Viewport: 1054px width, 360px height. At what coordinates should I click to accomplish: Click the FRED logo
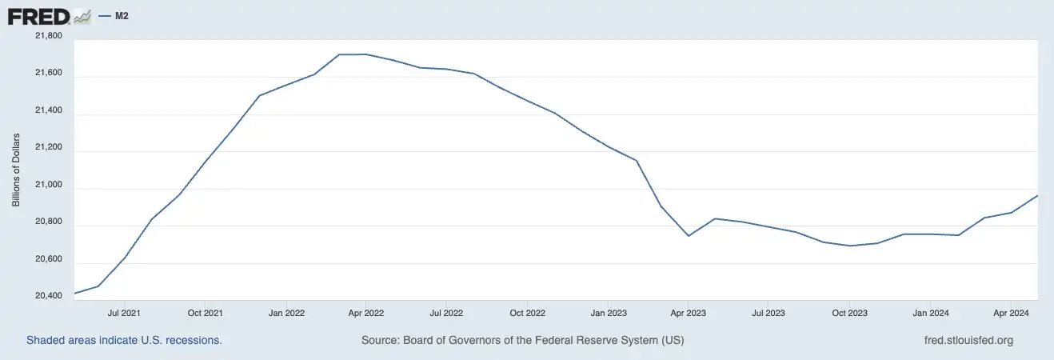pyautogui.click(x=49, y=16)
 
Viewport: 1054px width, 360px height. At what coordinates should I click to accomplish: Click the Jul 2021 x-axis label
pyautogui.click(x=125, y=312)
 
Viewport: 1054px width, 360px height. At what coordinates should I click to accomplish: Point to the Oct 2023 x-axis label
pyautogui.click(x=848, y=312)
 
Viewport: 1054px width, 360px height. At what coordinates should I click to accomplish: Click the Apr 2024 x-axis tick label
pyautogui.click(x=1010, y=312)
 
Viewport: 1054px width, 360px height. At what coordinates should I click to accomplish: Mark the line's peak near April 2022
pyautogui.click(x=352, y=54)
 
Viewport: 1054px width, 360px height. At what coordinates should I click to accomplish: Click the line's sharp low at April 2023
pyautogui.click(x=689, y=236)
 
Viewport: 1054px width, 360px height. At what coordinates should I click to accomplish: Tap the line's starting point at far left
pyautogui.click(x=74, y=294)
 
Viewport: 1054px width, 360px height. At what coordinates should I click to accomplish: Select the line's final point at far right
pyautogui.click(x=1037, y=195)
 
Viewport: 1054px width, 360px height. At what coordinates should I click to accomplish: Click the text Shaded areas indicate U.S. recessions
pyautogui.click(x=124, y=340)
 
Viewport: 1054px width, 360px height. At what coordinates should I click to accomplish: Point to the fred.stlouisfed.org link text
pyautogui.click(x=968, y=340)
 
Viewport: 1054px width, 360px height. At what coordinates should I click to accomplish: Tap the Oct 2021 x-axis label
pyautogui.click(x=206, y=312)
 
